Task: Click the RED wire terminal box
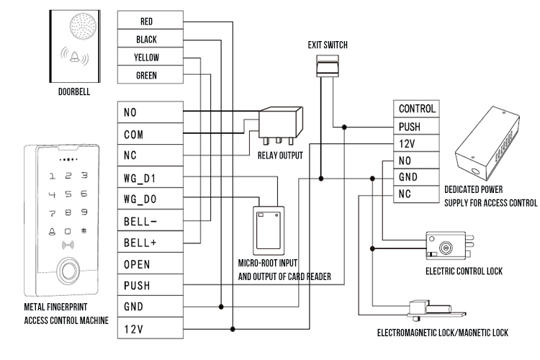[x=147, y=22]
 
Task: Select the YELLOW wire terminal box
[x=147, y=58]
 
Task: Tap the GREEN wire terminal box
[x=147, y=76]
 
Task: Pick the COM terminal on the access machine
[x=147, y=133]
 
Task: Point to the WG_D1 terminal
[x=147, y=177]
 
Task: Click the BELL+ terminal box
[x=147, y=243]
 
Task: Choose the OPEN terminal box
[x=147, y=264]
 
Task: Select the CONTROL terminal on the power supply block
[x=416, y=109]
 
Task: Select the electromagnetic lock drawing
[x=431, y=310]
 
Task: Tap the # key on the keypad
[x=84, y=232]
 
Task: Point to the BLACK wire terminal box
[x=147, y=40]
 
